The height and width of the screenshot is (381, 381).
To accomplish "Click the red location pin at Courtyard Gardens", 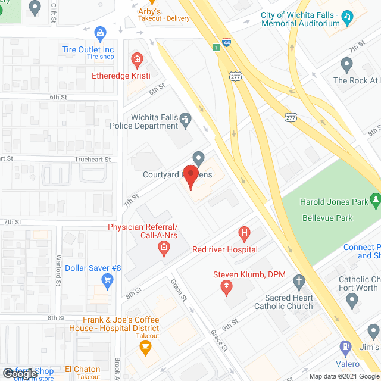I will [x=190, y=177].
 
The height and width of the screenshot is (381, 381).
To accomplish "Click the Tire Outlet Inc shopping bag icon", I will [x=101, y=32].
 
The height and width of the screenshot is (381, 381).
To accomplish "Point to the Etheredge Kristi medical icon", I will [x=137, y=59].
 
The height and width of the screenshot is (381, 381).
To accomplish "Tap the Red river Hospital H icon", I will [x=243, y=233].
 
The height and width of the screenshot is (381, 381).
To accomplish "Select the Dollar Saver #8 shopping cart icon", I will [x=108, y=280].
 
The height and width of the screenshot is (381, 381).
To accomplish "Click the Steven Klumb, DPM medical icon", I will [x=226, y=289].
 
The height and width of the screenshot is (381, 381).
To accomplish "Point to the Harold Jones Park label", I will [x=334, y=202].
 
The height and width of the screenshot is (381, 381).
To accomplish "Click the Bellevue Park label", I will [x=327, y=218].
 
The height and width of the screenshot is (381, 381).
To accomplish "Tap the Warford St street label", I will [x=59, y=268].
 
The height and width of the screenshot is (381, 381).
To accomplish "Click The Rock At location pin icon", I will [x=347, y=64].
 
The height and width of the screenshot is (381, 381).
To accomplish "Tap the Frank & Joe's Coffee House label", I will [x=121, y=324].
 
